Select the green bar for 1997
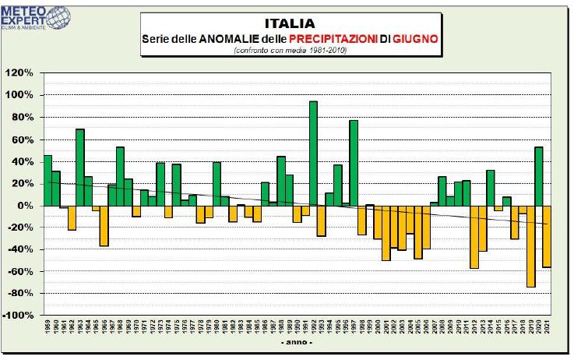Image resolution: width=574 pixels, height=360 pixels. tap(354, 163)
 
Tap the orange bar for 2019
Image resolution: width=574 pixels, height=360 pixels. tap(530, 246)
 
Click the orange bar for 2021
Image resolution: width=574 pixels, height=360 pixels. tap(547, 236)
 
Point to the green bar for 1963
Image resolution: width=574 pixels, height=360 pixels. tap(79, 168)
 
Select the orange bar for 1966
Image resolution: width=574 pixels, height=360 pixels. tap(104, 226)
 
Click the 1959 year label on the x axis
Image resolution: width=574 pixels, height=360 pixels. tap(48, 327)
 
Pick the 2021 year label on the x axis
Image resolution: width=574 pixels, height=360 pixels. tap(547, 327)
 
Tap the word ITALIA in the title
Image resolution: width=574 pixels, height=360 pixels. tap(290, 23)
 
